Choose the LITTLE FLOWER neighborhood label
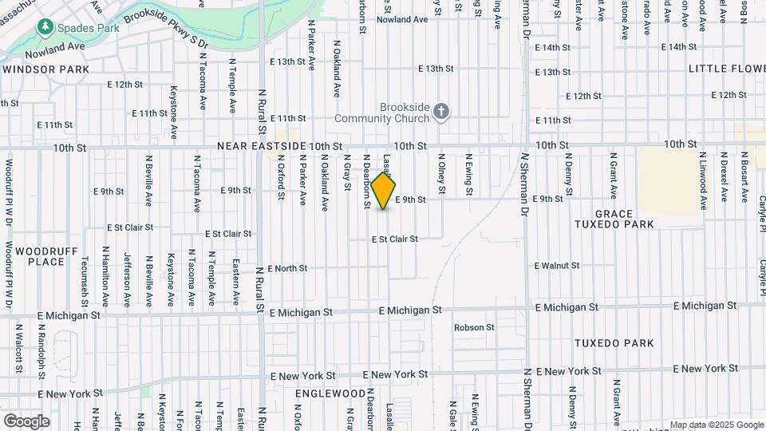(726, 69)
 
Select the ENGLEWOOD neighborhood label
(330, 394)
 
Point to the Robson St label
(474, 327)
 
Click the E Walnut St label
(556, 265)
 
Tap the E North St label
(287, 269)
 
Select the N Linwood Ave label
(702, 180)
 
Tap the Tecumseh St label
(85, 276)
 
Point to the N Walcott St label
(18, 347)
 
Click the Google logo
(26, 421)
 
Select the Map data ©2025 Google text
(716, 425)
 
